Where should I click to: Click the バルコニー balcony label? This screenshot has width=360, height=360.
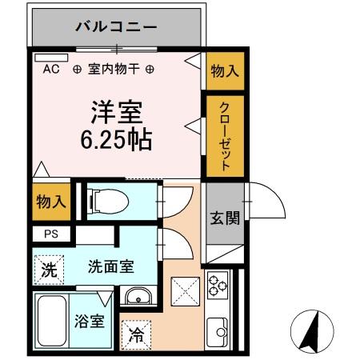click(x=117, y=26)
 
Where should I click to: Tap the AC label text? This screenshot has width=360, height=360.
click(x=51, y=70)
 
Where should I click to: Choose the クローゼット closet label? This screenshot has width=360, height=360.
click(x=225, y=137)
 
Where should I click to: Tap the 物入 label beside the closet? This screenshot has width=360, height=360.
click(x=225, y=70)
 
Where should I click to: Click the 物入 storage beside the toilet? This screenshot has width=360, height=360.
click(x=50, y=202)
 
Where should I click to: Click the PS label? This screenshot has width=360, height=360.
click(x=50, y=234)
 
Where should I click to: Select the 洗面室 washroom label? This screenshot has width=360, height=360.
click(x=111, y=267)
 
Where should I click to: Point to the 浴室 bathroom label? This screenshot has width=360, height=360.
click(x=90, y=322)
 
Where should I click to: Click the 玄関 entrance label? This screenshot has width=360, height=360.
click(x=225, y=218)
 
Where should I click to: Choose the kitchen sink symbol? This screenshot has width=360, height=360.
click(x=217, y=327)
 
